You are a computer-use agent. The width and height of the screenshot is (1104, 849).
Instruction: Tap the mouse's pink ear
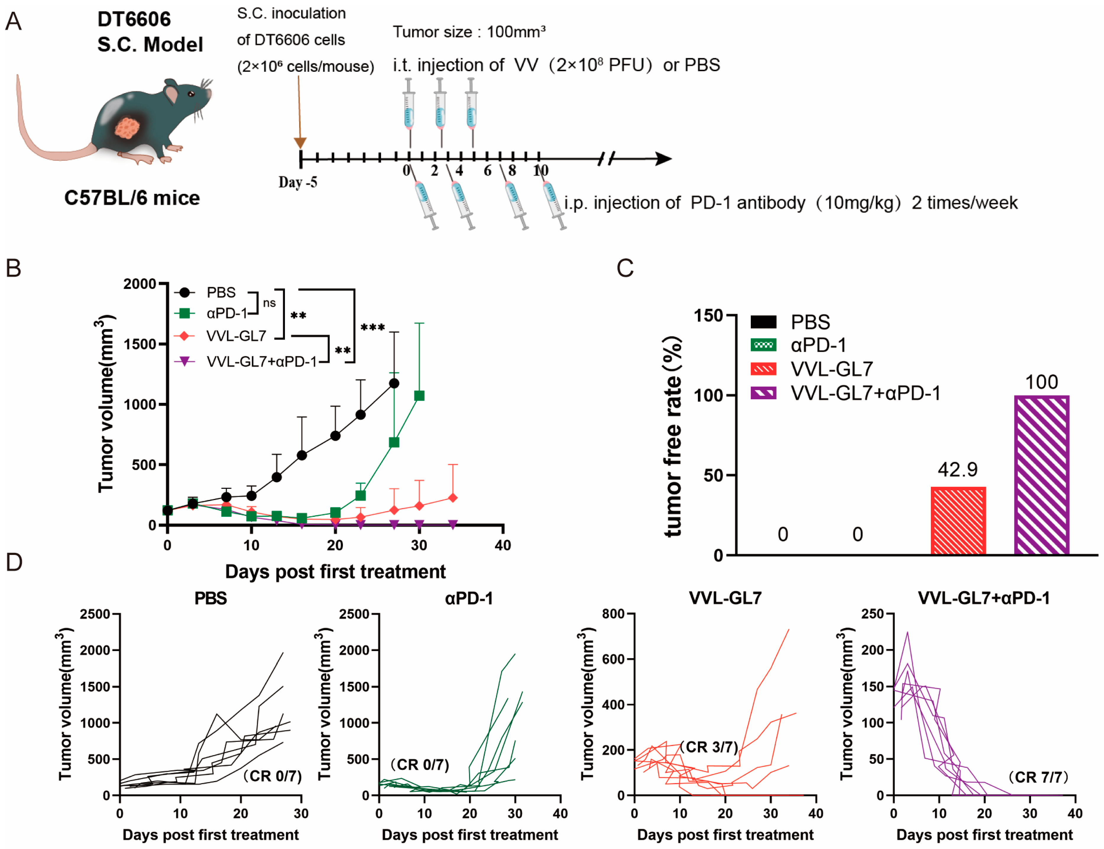coord(172,95)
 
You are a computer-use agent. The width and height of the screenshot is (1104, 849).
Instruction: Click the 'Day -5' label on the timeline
coord(298,182)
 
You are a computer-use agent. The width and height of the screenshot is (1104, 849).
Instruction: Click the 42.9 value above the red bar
coord(957,470)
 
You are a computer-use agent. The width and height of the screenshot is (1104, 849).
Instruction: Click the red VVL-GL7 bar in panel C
coord(958,520)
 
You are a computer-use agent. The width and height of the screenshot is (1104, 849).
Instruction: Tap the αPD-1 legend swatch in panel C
coord(763,346)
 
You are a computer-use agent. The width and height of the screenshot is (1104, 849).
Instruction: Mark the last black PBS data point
coord(394,384)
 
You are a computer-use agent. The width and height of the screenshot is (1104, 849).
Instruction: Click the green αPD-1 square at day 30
coord(419,396)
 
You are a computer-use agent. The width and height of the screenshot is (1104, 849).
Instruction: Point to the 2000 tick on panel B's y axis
coord(140,284)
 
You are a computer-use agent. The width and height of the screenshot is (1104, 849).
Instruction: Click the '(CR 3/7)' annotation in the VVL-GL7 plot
coord(709,747)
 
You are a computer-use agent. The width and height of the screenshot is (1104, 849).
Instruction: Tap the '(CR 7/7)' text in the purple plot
coord(1038,777)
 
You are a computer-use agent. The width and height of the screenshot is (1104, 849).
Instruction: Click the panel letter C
coord(625,268)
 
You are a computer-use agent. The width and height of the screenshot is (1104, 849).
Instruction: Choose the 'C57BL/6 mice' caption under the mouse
coord(132,198)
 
